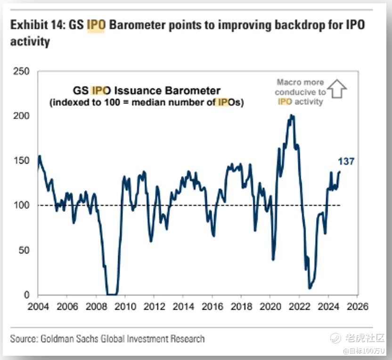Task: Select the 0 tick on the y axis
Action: click(x=27, y=295)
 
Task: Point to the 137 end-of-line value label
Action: click(x=346, y=162)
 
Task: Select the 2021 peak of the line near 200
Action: click(x=292, y=115)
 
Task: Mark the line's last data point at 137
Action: click(x=340, y=172)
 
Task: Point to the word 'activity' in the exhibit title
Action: click(x=30, y=41)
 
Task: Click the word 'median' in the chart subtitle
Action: click(x=149, y=102)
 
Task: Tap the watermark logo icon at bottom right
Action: click(x=335, y=338)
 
